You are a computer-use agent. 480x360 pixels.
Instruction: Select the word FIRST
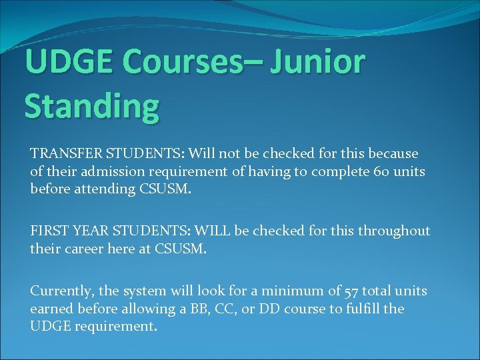click(x=48, y=231)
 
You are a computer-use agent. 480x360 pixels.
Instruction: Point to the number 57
click(x=351, y=291)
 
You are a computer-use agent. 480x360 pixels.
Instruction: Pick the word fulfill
click(x=361, y=309)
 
